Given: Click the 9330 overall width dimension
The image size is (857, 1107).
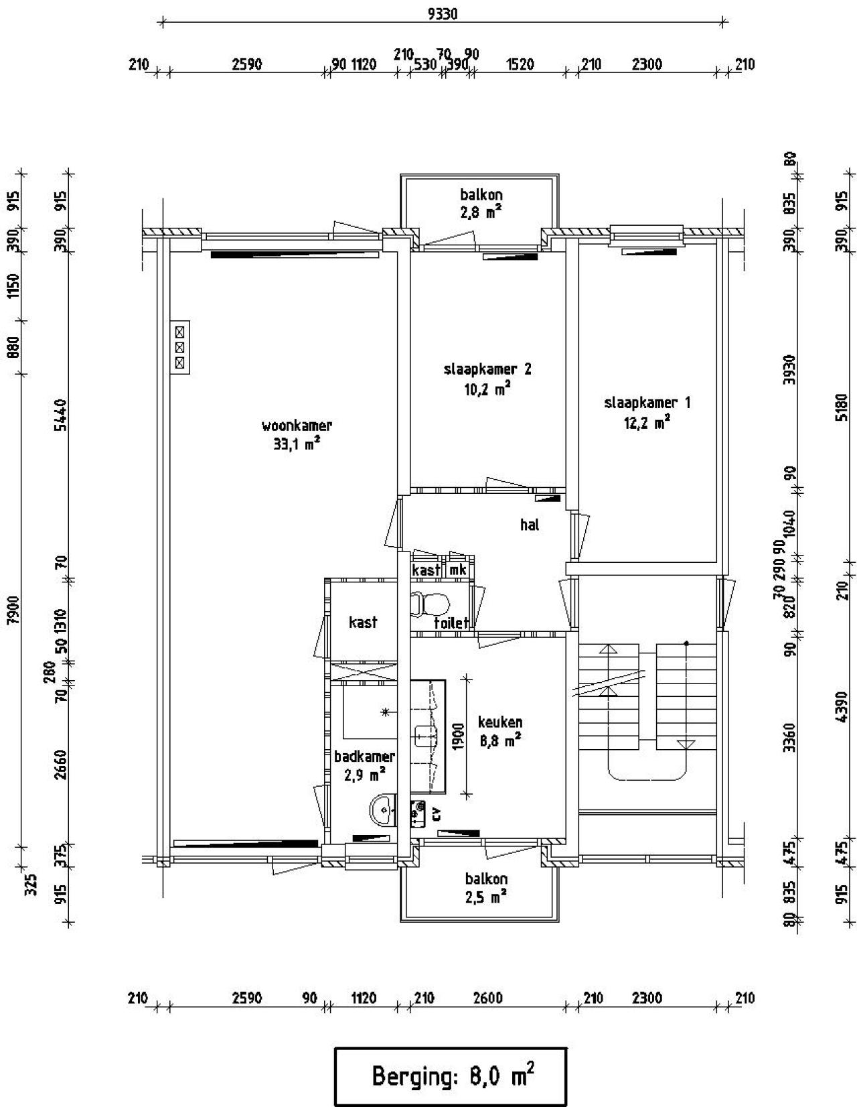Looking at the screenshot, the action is (x=443, y=14).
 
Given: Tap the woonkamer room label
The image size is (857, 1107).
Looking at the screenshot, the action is (x=297, y=425).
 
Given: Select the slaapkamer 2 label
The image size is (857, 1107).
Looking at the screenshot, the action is (x=487, y=369).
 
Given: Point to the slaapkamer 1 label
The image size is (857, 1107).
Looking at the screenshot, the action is (x=647, y=403).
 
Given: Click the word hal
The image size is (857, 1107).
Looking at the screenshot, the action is (x=529, y=524).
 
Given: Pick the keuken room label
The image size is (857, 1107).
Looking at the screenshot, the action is (x=500, y=721).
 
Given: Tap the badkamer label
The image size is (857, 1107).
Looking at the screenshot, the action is (x=364, y=756).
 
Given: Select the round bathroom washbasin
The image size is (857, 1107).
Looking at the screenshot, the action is (x=383, y=808).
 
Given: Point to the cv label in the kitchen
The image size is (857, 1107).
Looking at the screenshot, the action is (x=436, y=814).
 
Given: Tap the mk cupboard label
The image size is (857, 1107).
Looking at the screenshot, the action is (x=457, y=570).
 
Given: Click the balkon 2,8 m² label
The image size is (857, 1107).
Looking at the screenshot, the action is (x=481, y=202).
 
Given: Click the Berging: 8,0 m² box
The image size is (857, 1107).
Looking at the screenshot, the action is (x=451, y=1076).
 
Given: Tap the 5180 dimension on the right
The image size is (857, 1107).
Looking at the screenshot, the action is (x=842, y=407).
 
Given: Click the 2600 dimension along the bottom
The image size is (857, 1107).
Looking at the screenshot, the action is (x=487, y=998).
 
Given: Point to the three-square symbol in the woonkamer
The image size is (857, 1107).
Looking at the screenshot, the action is (x=179, y=347).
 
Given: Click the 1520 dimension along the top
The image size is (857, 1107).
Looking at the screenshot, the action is (x=520, y=65).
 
